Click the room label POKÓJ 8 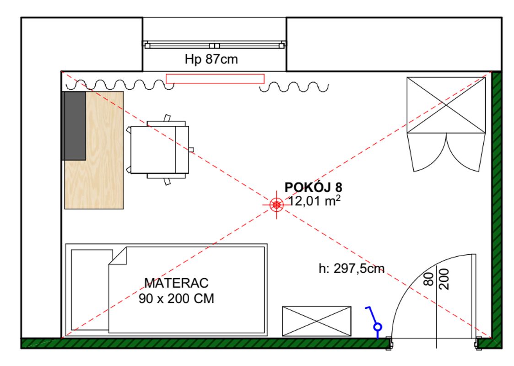click(313, 187)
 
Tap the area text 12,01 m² click(314, 200)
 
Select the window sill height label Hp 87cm click(211, 59)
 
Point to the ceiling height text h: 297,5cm click(352, 269)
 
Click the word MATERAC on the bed click(176, 283)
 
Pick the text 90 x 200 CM click(176, 298)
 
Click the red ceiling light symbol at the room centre click(276, 205)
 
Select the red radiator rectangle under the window click(215, 79)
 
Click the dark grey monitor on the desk click(74, 126)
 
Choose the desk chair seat click(153, 150)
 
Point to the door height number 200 click(444, 279)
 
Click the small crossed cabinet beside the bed click(317, 321)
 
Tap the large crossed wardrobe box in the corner click(446, 105)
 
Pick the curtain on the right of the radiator click(294, 87)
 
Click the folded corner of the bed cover click(118, 256)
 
